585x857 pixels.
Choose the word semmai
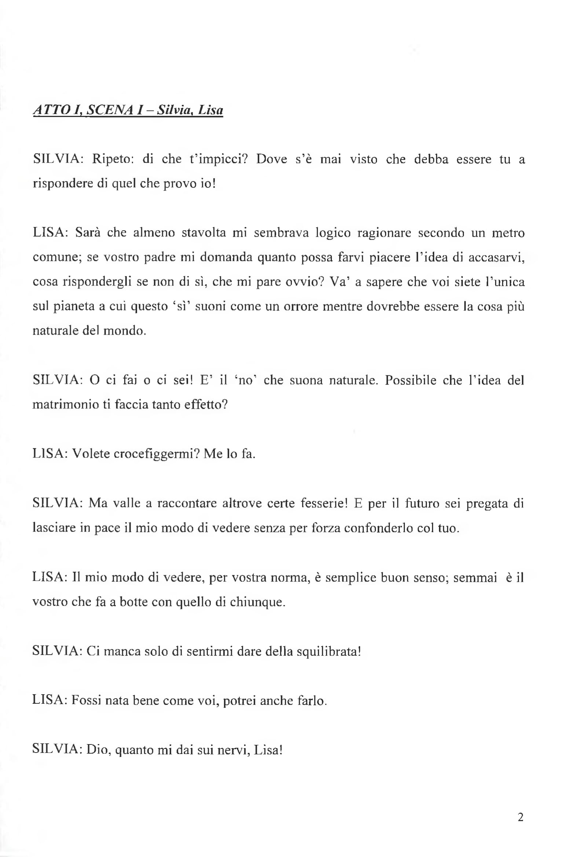475,577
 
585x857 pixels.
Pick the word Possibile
411,380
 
